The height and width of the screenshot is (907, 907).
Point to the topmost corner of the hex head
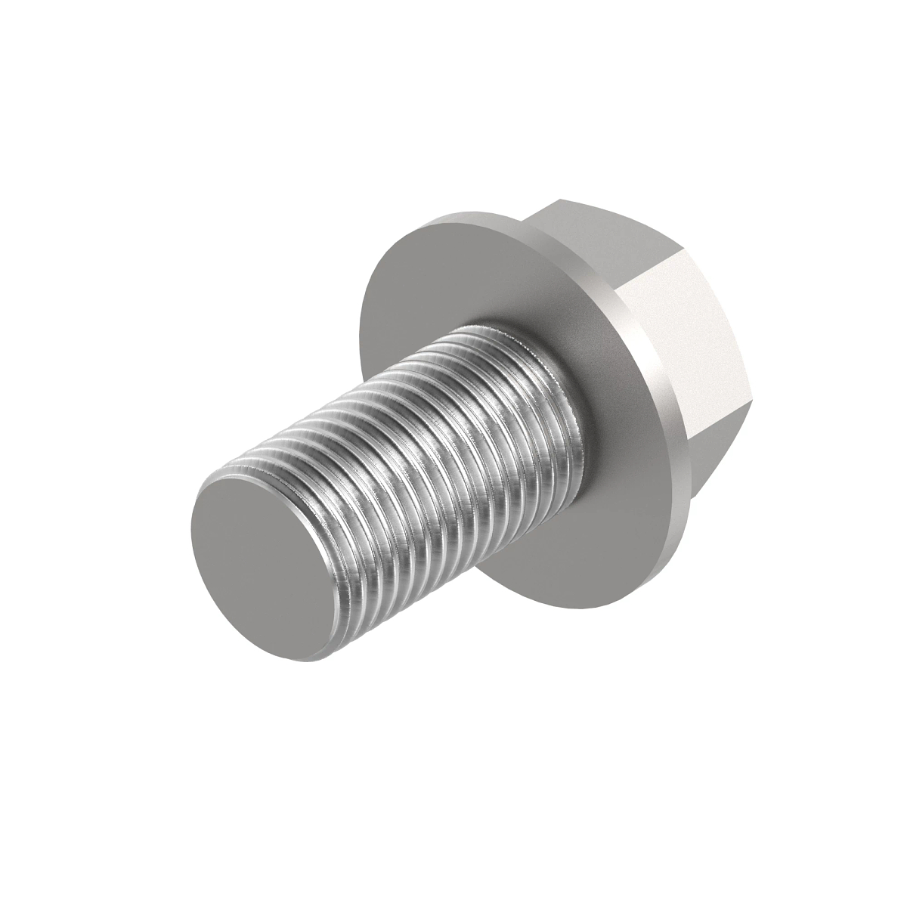click(x=560, y=200)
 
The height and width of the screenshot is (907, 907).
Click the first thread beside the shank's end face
click(x=333, y=567)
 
